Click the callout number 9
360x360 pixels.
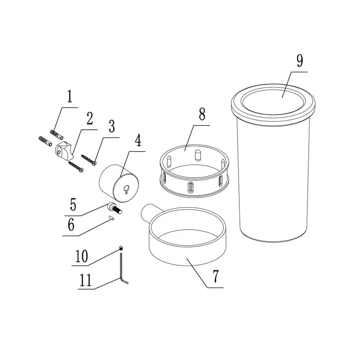pos(300,61)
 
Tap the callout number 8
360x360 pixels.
pos(202,114)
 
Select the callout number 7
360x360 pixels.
pos(216,276)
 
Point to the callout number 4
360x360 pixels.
pos(138,140)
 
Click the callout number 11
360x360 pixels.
pos(85,280)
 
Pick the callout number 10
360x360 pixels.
pos(81,256)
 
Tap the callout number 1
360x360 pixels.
pos(70,96)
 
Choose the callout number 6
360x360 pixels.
pos(71,225)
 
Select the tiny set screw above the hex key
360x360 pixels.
pos(121,248)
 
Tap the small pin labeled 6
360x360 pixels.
pos(112,218)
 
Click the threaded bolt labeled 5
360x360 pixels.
pos(114,208)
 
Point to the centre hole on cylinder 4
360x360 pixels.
pos(126,189)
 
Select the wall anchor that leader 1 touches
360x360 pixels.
pos(57,134)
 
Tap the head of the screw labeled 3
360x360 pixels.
pos(94,163)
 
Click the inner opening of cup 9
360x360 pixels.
pos(273,102)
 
